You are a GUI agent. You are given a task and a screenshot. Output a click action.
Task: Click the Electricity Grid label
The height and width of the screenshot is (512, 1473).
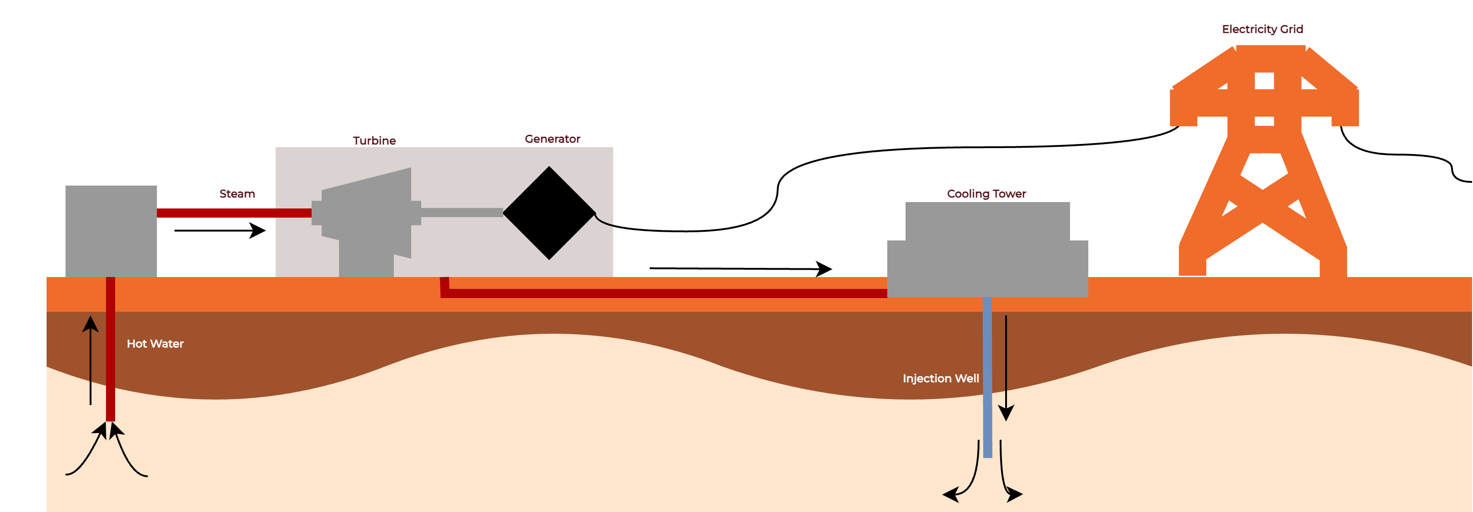click(x=1262, y=29)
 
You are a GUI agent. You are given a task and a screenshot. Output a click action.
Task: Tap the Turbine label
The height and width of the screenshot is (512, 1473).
click(x=374, y=141)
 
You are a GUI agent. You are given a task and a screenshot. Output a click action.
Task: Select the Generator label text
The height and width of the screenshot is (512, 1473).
click(x=552, y=139)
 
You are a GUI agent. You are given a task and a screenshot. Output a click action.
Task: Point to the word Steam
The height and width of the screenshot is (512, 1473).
click(x=237, y=194)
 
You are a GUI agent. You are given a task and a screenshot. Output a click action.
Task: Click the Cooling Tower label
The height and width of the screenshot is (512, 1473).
click(x=986, y=194)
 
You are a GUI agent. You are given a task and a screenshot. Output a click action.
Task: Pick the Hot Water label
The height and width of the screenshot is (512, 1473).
click(x=155, y=344)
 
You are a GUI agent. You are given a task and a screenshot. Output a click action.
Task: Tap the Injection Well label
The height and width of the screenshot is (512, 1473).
click(x=940, y=379)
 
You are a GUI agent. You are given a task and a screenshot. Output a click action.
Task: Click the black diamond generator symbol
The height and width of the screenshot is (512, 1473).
click(x=549, y=213)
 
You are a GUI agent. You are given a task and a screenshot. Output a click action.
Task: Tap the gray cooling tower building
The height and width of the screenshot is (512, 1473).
click(x=987, y=252)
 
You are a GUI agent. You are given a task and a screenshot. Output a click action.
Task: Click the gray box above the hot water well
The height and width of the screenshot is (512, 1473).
click(x=111, y=231)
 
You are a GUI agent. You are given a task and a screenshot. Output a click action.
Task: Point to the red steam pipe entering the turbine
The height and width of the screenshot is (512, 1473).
click(x=234, y=213)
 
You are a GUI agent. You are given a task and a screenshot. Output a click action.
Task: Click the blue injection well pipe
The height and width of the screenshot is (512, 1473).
click(x=987, y=378)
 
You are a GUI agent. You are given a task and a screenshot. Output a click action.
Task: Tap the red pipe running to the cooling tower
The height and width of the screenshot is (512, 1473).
click(x=663, y=293)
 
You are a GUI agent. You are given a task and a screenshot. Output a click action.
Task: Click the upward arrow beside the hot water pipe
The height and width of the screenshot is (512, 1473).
click(x=90, y=360)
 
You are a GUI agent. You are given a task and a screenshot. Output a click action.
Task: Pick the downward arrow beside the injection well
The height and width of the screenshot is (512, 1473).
click(x=1006, y=366)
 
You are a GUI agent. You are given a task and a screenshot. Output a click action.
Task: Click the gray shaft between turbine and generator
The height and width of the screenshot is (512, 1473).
click(x=462, y=213)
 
